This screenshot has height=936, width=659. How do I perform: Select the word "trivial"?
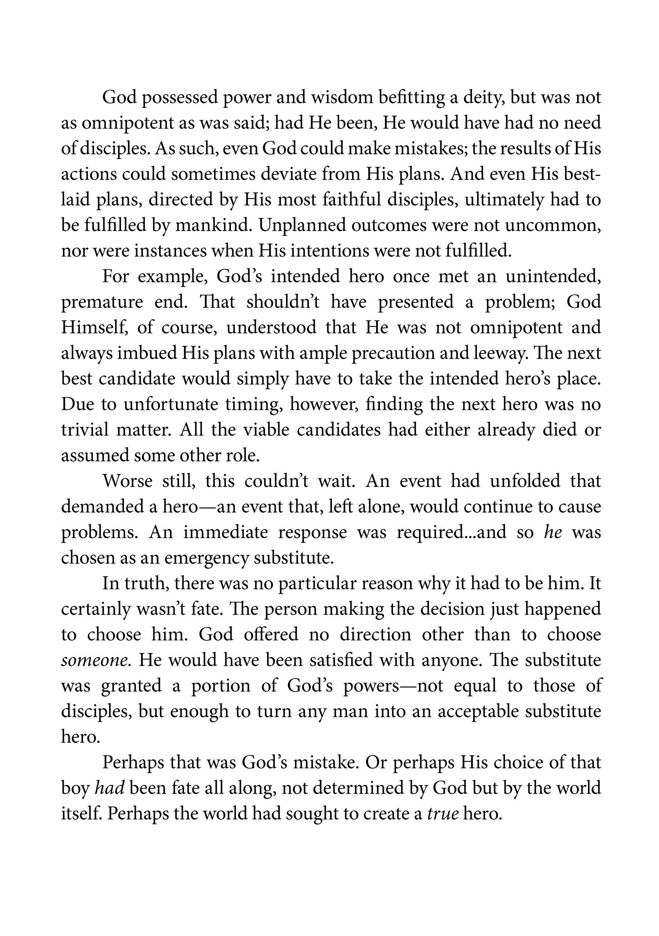tap(85, 430)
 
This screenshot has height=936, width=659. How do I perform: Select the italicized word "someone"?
tap(96, 660)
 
